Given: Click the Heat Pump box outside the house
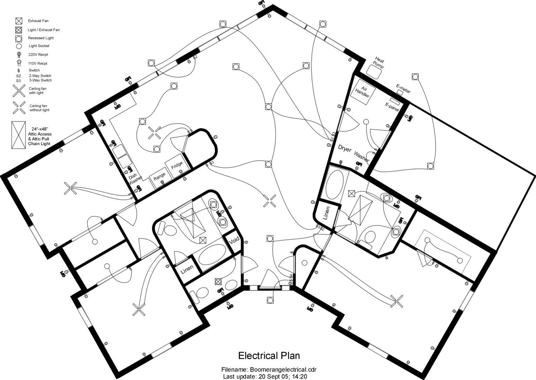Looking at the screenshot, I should (x=374, y=72).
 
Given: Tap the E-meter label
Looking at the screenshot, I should (x=403, y=89).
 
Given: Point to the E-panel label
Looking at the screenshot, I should (x=392, y=107).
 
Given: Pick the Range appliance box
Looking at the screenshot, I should (x=159, y=177).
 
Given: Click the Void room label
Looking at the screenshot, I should (x=234, y=240).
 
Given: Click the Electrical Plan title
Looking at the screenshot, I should (x=269, y=356).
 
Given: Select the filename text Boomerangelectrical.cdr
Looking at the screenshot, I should (x=283, y=370).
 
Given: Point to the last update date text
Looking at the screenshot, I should (x=283, y=377).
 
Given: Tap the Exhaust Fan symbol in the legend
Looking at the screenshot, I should (x=19, y=21).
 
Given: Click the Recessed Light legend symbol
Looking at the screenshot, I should (x=19, y=38).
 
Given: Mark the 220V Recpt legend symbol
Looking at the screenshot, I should (x=19, y=55).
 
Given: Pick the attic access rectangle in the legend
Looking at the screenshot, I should (x=19, y=135).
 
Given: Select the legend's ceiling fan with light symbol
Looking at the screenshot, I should (x=19, y=91).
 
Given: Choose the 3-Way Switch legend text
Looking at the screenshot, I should (x=40, y=80).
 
